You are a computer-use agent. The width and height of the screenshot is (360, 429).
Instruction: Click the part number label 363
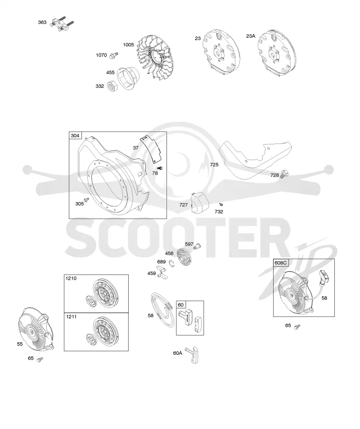coord(42,22)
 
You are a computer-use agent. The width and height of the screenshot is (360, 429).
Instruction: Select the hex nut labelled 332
coord(112,86)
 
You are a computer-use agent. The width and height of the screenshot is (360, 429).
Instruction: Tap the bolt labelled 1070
coord(113,55)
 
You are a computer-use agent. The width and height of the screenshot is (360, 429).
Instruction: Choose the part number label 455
coord(110,72)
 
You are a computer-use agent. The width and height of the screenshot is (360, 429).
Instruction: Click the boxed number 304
coord(75,135)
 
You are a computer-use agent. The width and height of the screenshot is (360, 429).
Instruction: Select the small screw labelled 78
coord(161,168)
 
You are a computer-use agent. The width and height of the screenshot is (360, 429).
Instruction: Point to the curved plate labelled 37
coord(151,148)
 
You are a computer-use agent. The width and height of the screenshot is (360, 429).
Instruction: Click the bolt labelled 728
coord(284,174)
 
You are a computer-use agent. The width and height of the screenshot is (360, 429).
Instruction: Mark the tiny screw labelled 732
coord(221,204)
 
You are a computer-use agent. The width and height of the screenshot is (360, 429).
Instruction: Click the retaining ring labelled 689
coord(172,264)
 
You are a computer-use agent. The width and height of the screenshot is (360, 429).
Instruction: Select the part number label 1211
coord(72,317)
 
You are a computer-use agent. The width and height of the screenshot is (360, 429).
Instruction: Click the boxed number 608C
coord(281,263)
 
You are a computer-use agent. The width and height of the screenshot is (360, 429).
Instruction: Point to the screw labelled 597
coord(197,246)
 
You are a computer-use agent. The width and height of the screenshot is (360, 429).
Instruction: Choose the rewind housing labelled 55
coord(36,329)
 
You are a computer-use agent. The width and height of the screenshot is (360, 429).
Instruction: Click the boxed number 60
coord(181,305)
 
